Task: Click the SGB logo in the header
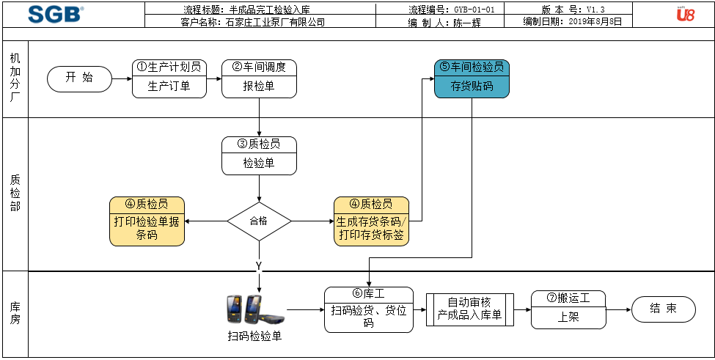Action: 56,14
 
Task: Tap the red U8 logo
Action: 685,14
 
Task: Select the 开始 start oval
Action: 79,78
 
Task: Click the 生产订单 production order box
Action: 169,87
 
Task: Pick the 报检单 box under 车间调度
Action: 259,87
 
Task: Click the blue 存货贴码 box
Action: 472,87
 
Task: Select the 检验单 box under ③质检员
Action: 259,164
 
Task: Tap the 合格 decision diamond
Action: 259,220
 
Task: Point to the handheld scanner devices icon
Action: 254,309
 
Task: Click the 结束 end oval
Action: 663,309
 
